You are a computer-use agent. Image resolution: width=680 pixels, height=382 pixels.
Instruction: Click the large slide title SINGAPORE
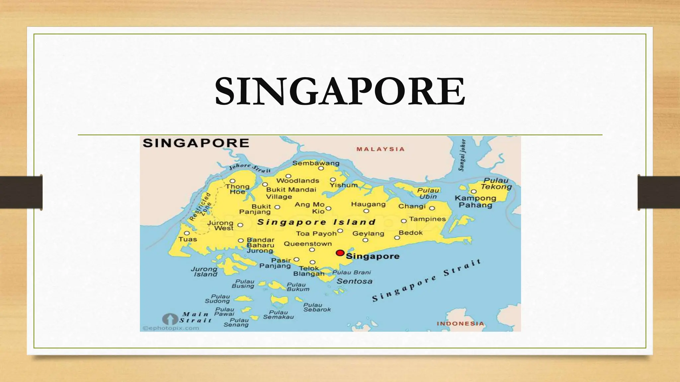(340, 91)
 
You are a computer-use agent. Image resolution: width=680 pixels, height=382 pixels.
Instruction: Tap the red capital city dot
(340, 253)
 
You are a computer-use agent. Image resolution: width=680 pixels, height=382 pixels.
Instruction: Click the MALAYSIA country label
(381, 149)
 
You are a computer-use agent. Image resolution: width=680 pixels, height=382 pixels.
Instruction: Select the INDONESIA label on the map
(460, 324)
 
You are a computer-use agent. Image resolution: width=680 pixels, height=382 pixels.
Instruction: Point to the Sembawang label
(316, 163)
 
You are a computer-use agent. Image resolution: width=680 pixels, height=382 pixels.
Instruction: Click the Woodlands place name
(297, 181)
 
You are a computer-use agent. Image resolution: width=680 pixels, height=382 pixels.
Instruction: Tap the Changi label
(412, 206)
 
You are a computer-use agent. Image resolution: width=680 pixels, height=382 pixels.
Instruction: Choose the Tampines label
(427, 219)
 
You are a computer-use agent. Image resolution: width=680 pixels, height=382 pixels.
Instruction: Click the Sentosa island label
(355, 281)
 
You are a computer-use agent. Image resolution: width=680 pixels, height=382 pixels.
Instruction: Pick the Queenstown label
(308, 244)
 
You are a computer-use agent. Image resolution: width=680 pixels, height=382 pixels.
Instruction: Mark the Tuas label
(188, 239)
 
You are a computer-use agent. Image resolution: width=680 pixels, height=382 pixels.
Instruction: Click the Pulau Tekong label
(496, 184)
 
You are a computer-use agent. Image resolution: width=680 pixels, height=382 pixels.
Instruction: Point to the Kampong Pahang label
(475, 202)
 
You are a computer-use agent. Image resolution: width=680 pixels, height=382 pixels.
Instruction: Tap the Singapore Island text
(316, 222)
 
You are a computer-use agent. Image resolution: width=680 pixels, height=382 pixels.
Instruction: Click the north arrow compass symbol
(170, 319)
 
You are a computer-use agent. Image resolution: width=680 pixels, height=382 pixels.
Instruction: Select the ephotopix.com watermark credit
(171, 328)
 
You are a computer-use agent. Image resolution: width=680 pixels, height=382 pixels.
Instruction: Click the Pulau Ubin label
(428, 193)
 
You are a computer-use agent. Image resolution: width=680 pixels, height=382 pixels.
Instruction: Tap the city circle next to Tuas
(187, 233)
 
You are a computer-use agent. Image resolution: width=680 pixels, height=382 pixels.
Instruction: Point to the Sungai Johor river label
(462, 155)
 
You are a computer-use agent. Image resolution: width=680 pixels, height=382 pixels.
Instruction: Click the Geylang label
(368, 233)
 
